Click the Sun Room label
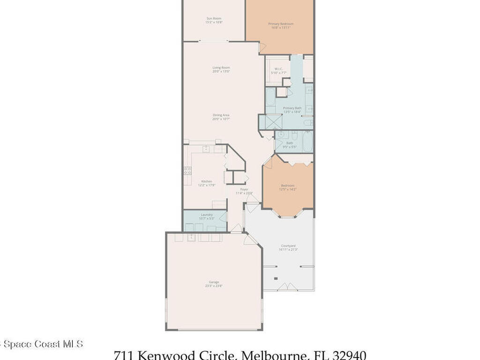[x=214, y=18]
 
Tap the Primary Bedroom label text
[x=281, y=24]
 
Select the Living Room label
[x=221, y=67]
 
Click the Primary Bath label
[x=292, y=108]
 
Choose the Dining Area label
[x=221, y=115]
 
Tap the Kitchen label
[x=207, y=181]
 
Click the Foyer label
[x=244, y=189]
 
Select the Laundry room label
[x=207, y=215]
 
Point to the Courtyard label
[x=288, y=246]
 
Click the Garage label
[x=214, y=282]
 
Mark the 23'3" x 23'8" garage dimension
[x=214, y=285]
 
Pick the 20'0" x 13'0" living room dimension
[x=221, y=71]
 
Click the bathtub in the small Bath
[x=307, y=142]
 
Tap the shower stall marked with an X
[x=270, y=122]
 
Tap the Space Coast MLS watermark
[x=42, y=344]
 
